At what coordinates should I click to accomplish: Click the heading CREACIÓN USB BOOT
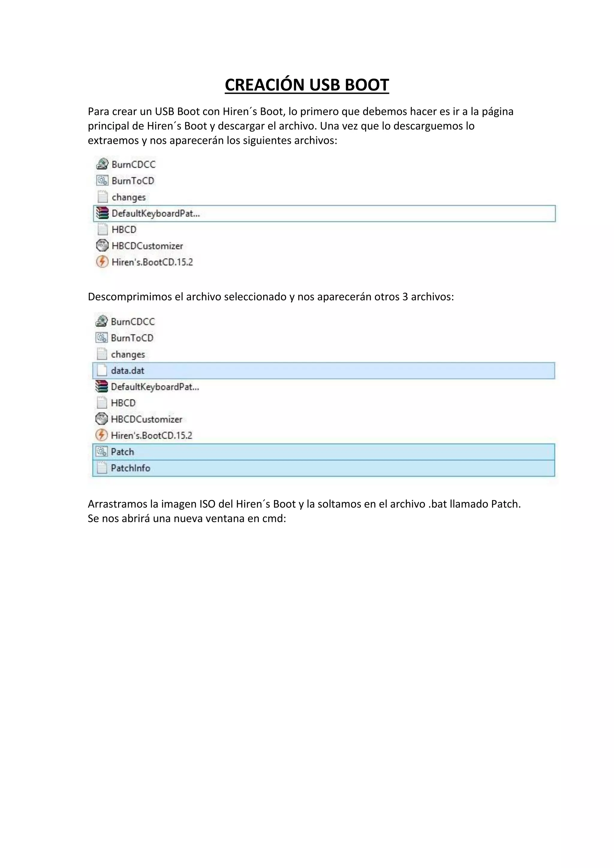(307, 85)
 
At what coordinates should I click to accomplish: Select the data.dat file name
(127, 370)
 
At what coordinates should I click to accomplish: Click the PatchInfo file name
(130, 468)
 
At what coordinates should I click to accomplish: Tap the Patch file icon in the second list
(102, 452)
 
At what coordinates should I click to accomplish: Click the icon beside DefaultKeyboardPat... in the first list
(102, 213)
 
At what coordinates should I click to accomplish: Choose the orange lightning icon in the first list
(102, 262)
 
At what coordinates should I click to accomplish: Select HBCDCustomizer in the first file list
(147, 246)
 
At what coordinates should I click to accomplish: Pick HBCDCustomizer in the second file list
(146, 419)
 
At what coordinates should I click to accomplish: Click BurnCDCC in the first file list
(133, 165)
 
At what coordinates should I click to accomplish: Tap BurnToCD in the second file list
(132, 338)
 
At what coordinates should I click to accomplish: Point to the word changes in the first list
(129, 197)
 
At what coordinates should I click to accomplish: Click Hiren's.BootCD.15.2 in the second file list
(151, 435)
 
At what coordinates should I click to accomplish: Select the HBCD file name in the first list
(124, 230)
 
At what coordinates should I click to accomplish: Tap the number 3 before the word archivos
(405, 297)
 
